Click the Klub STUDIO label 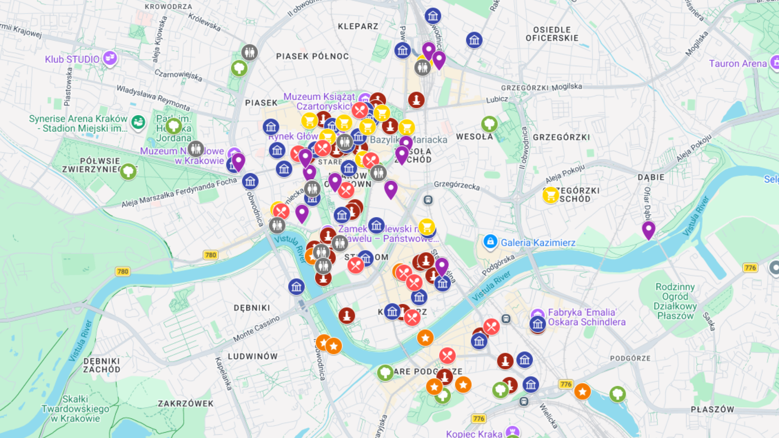pos(72,59)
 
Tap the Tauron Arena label pos(738,64)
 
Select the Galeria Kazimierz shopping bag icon pos(490,242)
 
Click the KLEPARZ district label pos(358,26)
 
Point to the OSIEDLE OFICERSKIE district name pos(552,34)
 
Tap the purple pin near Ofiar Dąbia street pos(648,229)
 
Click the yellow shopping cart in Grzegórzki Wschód pos(551,195)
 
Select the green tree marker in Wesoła pos(489,124)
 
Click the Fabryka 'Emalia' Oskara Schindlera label pos(586,317)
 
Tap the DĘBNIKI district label pos(252,308)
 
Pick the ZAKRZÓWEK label pos(185,404)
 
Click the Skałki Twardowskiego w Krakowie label pos(75,408)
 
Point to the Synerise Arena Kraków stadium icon pos(138,122)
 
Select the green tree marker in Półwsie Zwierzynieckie pos(128,172)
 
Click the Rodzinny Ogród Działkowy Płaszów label pos(675,301)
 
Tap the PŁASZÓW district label pos(712,409)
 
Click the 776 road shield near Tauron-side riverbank pos(750,268)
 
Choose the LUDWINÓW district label pos(252,356)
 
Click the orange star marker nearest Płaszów pos(582,391)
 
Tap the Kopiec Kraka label pos(474,434)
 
